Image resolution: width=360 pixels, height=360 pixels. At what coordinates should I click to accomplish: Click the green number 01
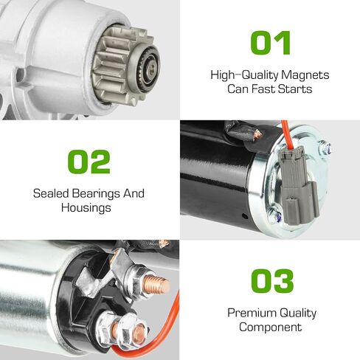pos(271,43)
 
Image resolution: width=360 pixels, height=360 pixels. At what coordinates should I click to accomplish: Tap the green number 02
pos(89,162)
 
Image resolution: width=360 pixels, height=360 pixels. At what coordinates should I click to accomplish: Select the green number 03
pos(272,281)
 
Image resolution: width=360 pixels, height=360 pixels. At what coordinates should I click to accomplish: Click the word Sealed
pos(51,193)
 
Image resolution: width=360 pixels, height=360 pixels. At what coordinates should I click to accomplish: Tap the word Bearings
pos(96,194)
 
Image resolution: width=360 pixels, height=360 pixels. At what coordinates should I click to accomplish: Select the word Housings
pos(86,208)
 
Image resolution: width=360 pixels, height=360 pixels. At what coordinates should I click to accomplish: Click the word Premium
pos(252,313)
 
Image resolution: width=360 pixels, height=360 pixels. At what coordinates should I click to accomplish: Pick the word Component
pos(270,328)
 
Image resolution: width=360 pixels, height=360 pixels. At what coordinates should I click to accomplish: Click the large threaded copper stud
pos(156,285)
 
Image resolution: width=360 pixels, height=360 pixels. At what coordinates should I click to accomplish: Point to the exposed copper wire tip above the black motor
pos(257,134)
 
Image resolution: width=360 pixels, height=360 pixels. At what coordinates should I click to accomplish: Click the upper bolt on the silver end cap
pos(325,148)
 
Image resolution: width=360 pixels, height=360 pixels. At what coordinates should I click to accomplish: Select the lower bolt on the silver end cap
pos(276,215)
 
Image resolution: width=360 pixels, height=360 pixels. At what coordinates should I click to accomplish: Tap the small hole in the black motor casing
pos(244,216)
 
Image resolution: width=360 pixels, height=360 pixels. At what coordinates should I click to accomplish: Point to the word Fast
pos(263,89)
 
